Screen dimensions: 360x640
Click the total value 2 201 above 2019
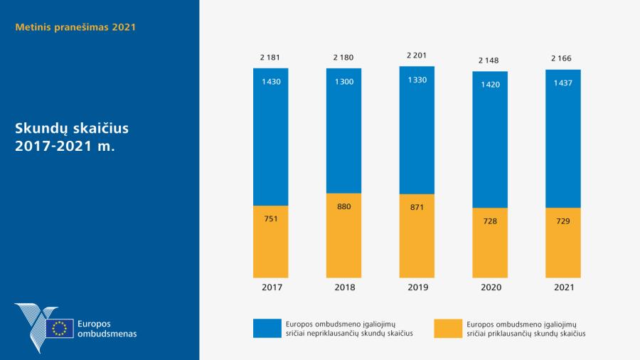pyautogui.click(x=417, y=55)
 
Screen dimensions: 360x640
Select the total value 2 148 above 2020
pyautogui.click(x=491, y=60)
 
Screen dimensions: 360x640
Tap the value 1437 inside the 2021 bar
pyautogui.click(x=563, y=83)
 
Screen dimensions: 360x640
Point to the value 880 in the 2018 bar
pyautogui.click(x=344, y=206)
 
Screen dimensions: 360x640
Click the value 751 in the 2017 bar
pyautogui.click(x=271, y=218)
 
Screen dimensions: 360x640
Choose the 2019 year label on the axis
pyautogui.click(x=417, y=288)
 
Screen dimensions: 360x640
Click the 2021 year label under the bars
pyautogui.click(x=563, y=288)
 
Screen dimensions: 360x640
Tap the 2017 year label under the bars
pyautogui.click(x=271, y=288)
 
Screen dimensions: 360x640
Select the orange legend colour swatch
pyautogui.click(x=448, y=327)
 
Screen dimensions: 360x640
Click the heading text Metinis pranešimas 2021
pyautogui.click(x=75, y=28)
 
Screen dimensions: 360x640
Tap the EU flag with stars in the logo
pyautogui.click(x=60, y=328)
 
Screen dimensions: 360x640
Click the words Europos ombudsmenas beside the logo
pyautogui.click(x=107, y=328)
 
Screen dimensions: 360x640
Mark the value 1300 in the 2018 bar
pyautogui.click(x=344, y=82)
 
